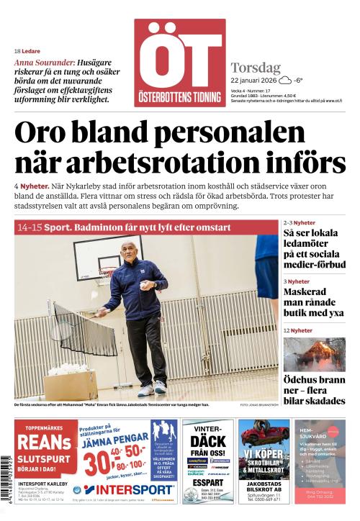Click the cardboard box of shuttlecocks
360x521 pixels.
(71, 380)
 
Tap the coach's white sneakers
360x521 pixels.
(153, 389)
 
